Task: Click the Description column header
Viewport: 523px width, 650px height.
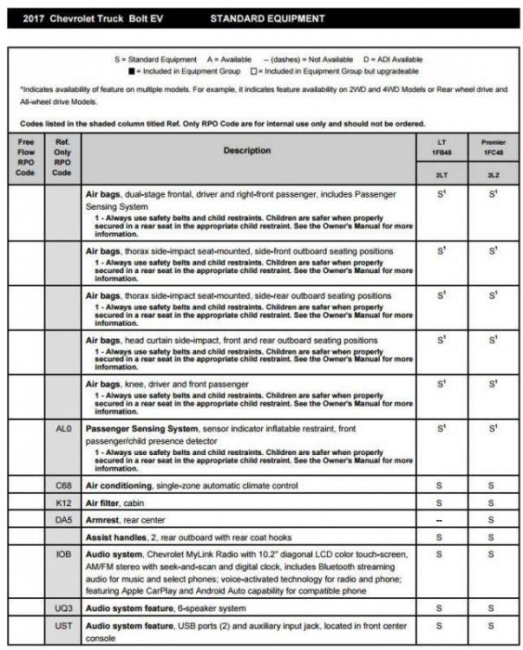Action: (246, 151)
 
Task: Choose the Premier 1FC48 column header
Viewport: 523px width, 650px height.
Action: (492, 146)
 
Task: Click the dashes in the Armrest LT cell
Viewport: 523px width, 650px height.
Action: (441, 518)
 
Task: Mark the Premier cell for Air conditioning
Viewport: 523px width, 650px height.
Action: (492, 485)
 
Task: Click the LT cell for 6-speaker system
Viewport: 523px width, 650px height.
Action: (441, 608)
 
